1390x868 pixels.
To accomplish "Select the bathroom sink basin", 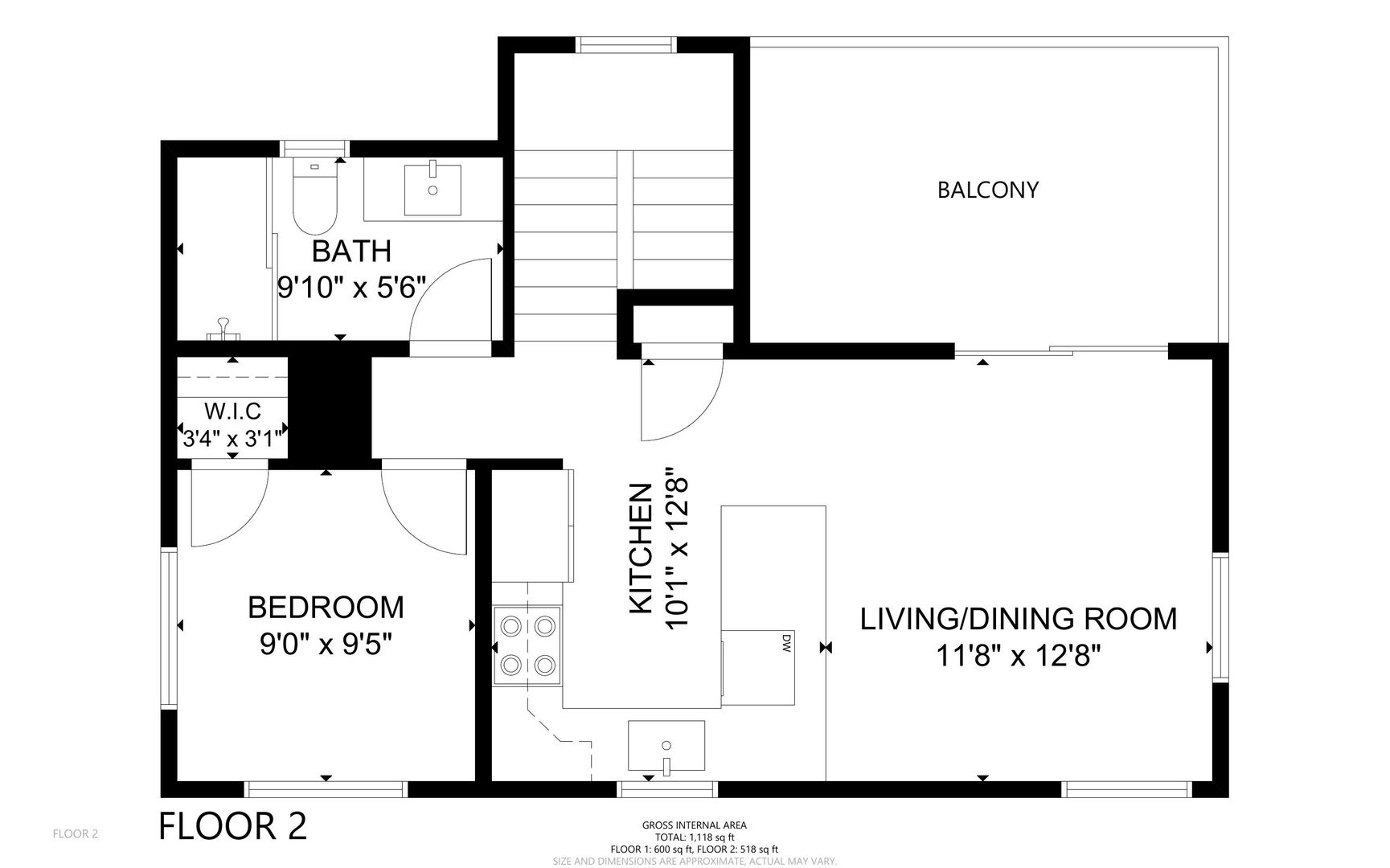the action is (433, 189).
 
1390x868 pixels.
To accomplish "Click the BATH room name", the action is (351, 251).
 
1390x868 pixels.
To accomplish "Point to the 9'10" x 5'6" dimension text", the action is (351, 287).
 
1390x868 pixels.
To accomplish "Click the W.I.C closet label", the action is (232, 411).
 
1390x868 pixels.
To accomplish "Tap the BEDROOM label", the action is (326, 607).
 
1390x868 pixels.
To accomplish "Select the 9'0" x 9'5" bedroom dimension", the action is (326, 644).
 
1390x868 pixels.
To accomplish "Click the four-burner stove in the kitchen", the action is (527, 645).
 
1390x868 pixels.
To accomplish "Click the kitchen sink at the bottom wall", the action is (666, 745).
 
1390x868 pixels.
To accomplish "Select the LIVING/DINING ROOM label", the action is (1019, 619).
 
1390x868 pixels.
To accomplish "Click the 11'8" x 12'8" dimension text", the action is (1019, 656).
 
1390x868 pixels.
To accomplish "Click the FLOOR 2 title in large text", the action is (233, 826).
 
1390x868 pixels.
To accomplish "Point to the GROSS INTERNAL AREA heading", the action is (695, 825).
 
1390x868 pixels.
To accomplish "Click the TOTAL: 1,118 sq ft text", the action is (695, 837).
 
